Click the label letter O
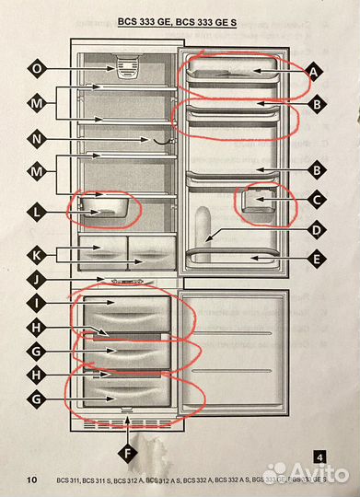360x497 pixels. [37, 68]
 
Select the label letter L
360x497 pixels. [37, 213]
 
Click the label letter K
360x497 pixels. [37, 253]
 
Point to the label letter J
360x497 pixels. [37, 279]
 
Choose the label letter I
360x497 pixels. [37, 301]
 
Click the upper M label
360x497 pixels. [37, 104]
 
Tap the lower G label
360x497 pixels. [37, 399]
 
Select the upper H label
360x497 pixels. [37, 329]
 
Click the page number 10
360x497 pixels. [32, 480]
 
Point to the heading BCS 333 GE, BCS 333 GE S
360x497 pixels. [178, 19]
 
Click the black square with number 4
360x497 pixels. [319, 457]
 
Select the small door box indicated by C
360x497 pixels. [261, 205]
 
